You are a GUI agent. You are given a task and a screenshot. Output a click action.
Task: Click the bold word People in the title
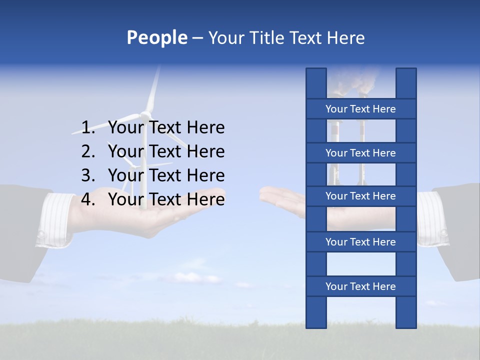[156, 37]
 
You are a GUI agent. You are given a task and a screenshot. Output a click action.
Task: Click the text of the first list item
[166, 128]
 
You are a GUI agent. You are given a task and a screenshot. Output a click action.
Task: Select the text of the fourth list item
[166, 199]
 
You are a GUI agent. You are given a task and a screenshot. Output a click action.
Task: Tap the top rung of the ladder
[360, 109]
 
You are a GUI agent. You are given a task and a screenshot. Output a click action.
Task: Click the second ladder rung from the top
[360, 153]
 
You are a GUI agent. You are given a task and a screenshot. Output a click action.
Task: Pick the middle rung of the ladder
[360, 196]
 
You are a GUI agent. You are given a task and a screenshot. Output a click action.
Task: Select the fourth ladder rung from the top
[360, 242]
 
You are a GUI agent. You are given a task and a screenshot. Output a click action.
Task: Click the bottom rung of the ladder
[360, 286]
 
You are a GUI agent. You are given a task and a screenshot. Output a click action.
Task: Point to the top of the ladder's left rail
[316, 75]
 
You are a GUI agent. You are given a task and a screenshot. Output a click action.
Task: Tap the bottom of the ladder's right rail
[406, 320]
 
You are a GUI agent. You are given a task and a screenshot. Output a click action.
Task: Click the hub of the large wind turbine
[145, 114]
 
